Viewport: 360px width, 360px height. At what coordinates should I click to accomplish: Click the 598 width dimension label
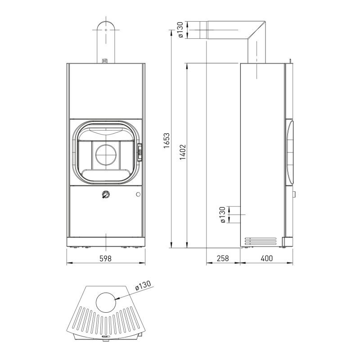coord(105,258)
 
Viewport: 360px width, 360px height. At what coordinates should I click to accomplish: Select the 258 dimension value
coord(223,258)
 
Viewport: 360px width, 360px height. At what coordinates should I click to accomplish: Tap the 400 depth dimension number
coord(267,258)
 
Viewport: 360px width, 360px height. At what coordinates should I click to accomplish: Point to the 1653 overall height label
coord(166,140)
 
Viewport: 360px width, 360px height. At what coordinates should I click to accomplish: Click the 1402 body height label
coord(183,152)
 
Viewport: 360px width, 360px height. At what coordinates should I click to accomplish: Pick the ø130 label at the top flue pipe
coord(180,30)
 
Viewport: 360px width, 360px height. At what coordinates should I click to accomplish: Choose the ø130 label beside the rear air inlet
coord(222,215)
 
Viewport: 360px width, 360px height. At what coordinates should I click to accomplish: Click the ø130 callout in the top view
coord(143,285)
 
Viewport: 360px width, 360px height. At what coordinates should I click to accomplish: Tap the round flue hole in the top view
coord(106,302)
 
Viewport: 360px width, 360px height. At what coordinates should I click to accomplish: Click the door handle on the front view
coord(139,152)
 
